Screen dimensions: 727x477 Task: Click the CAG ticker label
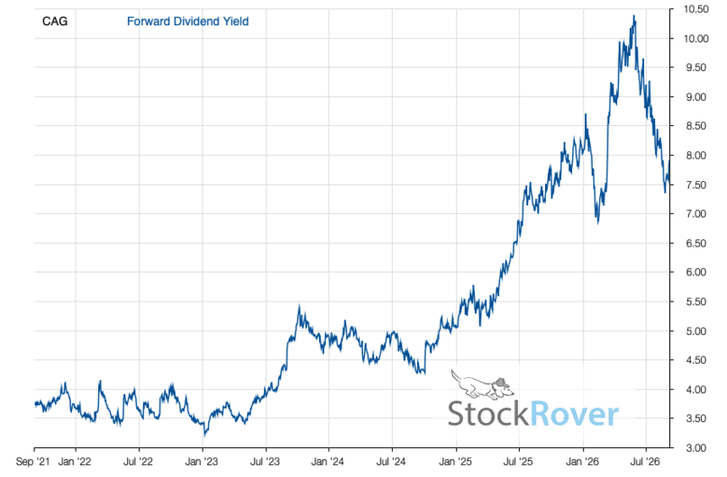(55, 22)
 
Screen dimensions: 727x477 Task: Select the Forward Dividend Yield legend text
(187, 22)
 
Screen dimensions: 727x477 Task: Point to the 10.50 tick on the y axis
(696, 9)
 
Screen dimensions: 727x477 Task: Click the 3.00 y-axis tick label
(696, 448)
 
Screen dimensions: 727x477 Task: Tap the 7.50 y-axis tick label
(696, 184)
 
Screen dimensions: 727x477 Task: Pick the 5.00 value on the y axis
(696, 331)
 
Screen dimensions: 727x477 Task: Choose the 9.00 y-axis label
(696, 97)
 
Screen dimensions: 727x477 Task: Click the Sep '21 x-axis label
(32, 462)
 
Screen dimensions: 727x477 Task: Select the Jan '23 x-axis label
(202, 462)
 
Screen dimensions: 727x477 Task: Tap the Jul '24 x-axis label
(392, 462)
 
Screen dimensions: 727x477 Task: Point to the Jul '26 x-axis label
(646, 462)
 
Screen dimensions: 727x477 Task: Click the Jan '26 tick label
(583, 462)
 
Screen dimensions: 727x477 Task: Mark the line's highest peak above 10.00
(634, 15)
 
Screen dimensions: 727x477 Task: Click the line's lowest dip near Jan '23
(204, 436)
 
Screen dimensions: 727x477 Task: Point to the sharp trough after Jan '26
(597, 223)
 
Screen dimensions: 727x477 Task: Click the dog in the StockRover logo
(482, 384)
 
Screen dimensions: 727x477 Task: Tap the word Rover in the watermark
(575, 414)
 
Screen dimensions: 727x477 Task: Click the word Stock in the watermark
(488, 414)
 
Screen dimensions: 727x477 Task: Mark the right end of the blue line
(669, 161)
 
